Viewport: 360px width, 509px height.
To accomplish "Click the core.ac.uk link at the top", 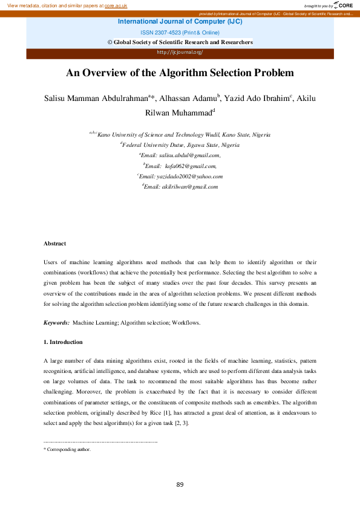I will pos(114,5).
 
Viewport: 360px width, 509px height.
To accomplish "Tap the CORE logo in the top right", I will pos(342,5).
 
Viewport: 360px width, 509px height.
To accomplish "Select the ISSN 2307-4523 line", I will pos(180,32).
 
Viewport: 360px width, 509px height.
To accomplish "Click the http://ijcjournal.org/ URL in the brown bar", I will pos(180,52).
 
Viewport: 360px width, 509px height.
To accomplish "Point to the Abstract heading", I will pos(54,244).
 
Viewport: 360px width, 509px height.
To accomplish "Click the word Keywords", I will pos(56,323).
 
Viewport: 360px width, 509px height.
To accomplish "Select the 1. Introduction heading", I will pos(63,342).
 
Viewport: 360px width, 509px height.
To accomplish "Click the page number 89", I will pos(180,484).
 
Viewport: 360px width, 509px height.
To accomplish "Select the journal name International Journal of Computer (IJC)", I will pos(180,22).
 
